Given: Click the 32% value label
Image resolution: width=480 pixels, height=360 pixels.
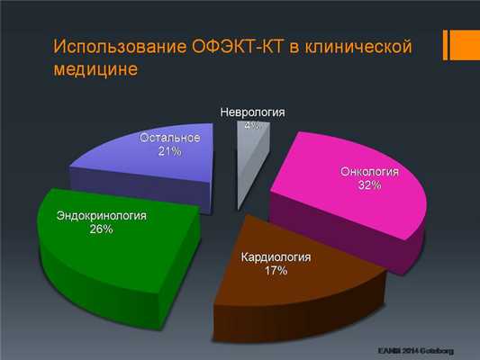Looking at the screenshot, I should pos(369,184).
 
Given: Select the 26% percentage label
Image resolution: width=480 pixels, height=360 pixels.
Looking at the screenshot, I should pos(101,230).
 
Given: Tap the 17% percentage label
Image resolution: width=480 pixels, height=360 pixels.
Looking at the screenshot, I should pos(276,270).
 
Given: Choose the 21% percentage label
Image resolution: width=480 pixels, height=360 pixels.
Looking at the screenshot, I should pos(169,152).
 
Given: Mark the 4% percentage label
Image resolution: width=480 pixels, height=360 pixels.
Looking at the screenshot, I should pos(252,125).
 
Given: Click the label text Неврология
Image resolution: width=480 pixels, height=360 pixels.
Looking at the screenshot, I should pos(252,112).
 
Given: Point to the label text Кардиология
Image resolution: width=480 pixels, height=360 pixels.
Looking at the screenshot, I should pos(276,256).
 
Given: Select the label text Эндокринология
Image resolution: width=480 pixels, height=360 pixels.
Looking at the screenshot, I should pos(101,217).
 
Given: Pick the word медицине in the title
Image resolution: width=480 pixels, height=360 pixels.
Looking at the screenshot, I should pos(95,69).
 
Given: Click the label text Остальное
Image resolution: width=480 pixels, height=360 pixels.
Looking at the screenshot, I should pos(169,139).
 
